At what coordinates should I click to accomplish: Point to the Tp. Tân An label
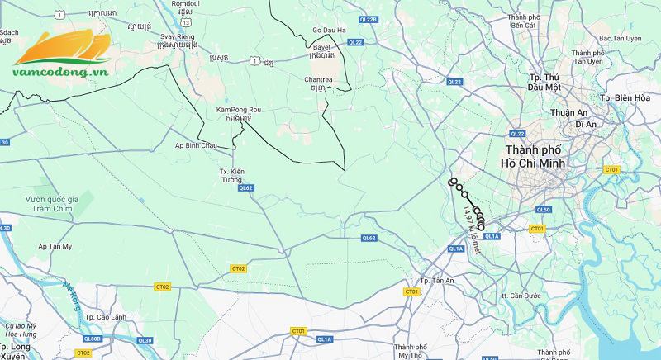coord(437,281)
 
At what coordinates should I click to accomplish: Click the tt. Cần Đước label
coord(521,295)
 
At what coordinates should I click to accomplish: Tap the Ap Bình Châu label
coord(196,144)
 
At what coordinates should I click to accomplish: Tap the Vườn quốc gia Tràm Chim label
coord(63,204)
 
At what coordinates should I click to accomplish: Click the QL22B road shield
coord(369,19)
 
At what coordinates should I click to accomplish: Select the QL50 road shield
coord(543,210)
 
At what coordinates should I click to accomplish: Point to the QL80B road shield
coord(93,339)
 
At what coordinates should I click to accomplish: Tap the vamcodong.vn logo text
coord(61,71)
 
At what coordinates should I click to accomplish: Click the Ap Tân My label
coord(55,246)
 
